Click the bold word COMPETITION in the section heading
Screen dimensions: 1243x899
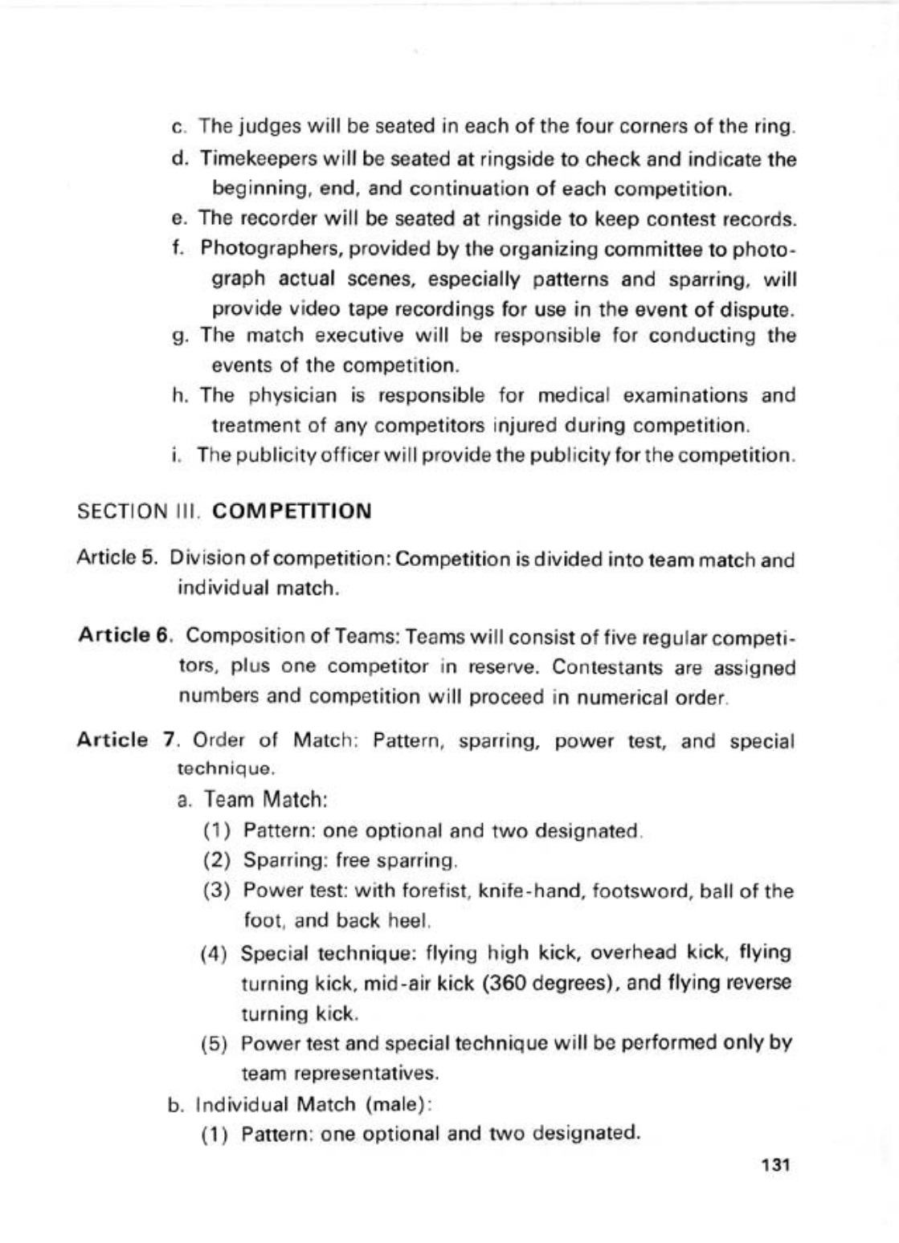click(x=294, y=511)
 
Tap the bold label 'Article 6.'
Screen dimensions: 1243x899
click(x=126, y=635)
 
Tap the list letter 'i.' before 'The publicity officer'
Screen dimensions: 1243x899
click(x=174, y=456)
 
